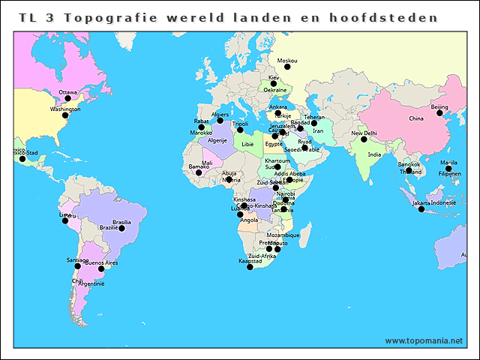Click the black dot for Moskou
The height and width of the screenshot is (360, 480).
[286, 67]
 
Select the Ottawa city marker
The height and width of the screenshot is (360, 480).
[67, 98]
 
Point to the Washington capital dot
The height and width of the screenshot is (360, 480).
[65, 115]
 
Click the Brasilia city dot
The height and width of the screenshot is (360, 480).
[121, 228]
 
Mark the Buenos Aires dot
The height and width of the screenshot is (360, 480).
[101, 268]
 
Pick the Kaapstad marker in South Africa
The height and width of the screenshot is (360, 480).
[250, 267]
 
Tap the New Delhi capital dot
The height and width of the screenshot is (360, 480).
[364, 139]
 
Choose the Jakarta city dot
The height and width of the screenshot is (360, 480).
[421, 209]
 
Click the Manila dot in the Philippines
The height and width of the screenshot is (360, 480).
[448, 169]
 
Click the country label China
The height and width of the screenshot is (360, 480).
[416, 118]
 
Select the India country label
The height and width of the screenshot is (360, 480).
[374, 154]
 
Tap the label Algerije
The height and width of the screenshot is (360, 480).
[217, 140]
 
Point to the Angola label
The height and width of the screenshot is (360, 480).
[248, 220]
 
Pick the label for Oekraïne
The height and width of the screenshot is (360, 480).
[274, 90]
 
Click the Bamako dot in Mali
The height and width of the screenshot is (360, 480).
[199, 172]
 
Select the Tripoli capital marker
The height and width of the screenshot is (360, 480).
[240, 130]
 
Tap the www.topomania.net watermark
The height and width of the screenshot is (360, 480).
[424, 340]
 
